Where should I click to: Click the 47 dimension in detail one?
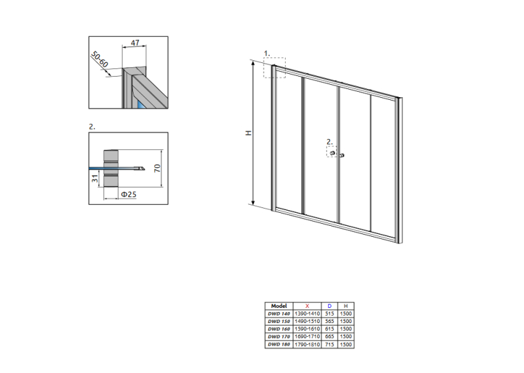pos(135,42)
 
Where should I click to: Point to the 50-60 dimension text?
pos(99,59)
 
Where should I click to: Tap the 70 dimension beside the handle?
pos(157,168)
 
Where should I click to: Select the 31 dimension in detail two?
pos(95,179)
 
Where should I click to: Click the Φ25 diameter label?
pos(128,194)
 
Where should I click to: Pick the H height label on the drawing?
pos(248,133)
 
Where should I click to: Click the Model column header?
pos(279,306)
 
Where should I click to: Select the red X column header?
pos(307,306)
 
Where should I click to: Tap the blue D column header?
pos(329,306)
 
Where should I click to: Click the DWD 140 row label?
pos(279,313)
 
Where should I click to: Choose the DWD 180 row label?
pos(279,344)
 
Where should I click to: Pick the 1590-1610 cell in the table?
pos(307,329)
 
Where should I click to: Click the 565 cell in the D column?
pos(329,321)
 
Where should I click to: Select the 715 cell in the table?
pos(329,344)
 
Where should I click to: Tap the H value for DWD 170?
pos(346,337)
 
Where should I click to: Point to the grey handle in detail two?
pos(110,168)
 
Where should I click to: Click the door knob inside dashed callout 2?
pos(332,153)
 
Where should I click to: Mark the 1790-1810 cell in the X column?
pos(307,344)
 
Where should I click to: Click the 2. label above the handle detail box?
pos(92,127)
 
